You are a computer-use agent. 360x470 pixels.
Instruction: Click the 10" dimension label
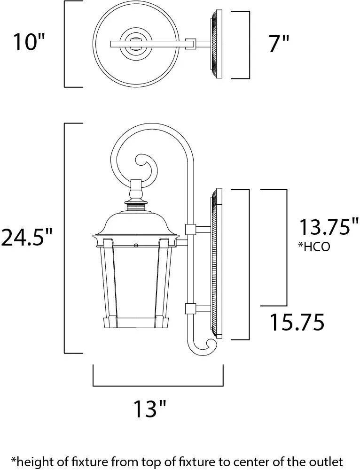tap(29, 42)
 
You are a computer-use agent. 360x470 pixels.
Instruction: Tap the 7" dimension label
tap(279, 44)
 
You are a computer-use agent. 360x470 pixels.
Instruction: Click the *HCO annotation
tap(314, 247)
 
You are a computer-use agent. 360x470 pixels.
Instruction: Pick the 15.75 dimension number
tap(297, 322)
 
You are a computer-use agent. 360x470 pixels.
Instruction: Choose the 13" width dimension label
tap(150, 408)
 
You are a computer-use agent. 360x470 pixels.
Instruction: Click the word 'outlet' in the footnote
tap(328, 461)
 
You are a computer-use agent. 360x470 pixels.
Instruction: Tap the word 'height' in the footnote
tap(31, 461)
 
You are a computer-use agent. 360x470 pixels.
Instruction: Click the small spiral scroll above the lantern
tap(146, 164)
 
